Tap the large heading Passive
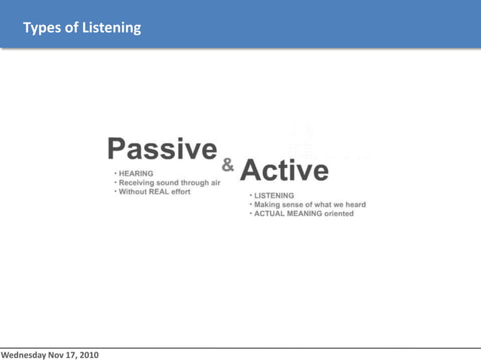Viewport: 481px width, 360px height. tap(162, 149)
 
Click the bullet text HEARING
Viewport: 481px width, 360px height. tap(136, 173)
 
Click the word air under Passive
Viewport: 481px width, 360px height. tap(214, 182)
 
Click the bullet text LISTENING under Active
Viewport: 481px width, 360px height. tap(274, 196)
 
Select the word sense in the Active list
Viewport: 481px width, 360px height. tap(296, 205)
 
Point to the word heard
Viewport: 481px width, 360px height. tap(355, 205)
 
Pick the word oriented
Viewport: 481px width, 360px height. tap(339, 214)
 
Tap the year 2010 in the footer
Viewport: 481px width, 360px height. tap(87, 354)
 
